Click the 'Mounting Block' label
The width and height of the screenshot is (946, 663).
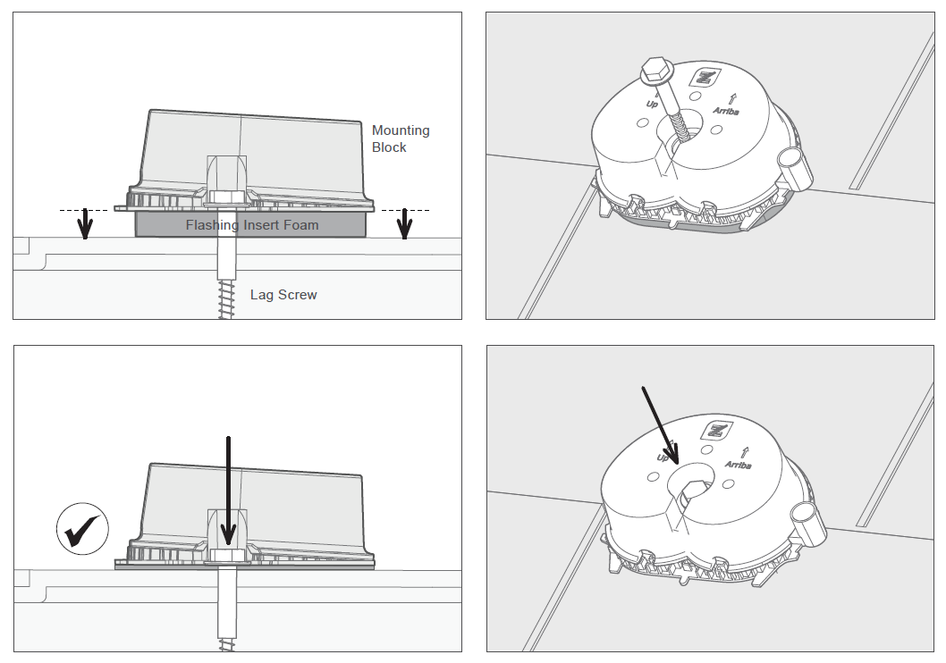401,138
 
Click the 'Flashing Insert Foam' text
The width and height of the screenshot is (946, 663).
251,225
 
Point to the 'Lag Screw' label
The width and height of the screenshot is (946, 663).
283,295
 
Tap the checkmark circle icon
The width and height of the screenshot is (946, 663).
82,529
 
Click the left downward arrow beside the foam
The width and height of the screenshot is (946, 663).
86,223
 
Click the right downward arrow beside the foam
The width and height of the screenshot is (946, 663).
404,223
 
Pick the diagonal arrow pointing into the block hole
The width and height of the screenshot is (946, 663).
661,425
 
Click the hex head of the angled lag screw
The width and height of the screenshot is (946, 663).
654,71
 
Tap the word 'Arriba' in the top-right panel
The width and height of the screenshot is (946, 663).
726,111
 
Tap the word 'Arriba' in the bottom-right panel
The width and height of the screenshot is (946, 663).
738,465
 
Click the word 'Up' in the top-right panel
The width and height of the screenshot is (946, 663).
652,105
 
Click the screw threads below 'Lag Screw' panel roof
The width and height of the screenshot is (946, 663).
225,298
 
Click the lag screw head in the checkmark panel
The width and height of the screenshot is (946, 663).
227,555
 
